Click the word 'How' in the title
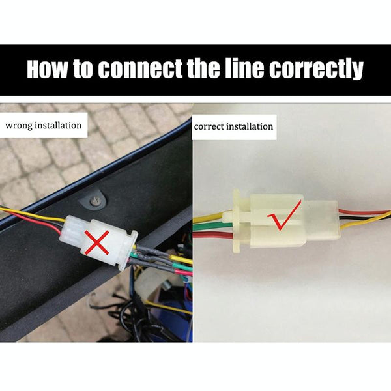point(48,68)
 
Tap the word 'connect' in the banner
point(140,68)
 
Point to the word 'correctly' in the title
point(316,70)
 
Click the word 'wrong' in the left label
point(19,125)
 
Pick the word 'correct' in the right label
point(209,127)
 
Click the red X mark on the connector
point(96,242)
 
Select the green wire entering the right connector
point(213,225)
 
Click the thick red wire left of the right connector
point(213,235)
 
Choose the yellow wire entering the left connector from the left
point(33,214)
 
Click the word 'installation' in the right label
point(250,126)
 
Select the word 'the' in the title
point(203,68)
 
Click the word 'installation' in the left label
point(58,125)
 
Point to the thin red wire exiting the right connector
point(364,212)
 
